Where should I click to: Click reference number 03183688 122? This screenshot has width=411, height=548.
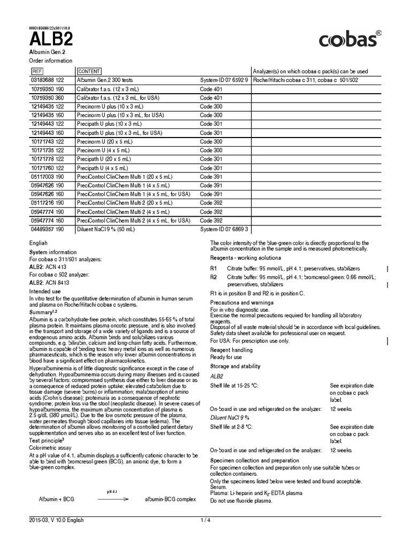[x=48, y=80]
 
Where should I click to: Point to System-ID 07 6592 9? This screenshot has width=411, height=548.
[x=224, y=80]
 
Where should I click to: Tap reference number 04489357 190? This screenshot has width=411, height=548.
[x=48, y=229]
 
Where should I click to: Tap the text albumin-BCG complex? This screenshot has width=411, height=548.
[x=170, y=499]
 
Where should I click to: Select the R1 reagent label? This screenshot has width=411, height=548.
[x=214, y=268]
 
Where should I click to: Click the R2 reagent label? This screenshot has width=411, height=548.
[x=214, y=277]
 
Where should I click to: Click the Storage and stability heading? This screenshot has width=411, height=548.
[x=235, y=366]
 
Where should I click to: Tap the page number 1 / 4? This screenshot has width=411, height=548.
[x=205, y=520]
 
